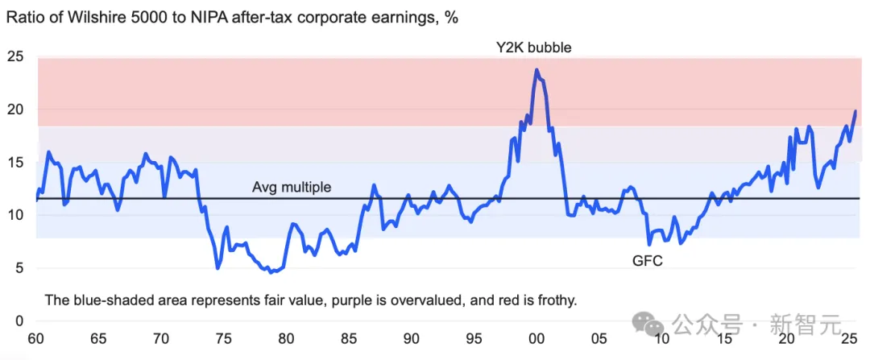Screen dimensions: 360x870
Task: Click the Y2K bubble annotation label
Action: point(533,47)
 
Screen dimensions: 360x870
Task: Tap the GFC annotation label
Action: point(647,261)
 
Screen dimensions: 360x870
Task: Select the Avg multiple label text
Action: point(292,188)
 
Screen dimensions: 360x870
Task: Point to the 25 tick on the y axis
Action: point(16,56)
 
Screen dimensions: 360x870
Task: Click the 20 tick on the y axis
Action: point(16,110)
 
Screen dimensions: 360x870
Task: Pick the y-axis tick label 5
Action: point(20,268)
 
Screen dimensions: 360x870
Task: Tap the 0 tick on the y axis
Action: point(20,321)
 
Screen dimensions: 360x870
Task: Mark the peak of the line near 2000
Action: point(536,70)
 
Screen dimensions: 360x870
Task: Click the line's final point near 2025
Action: point(855,111)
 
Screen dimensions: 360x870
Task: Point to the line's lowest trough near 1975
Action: point(217,267)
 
